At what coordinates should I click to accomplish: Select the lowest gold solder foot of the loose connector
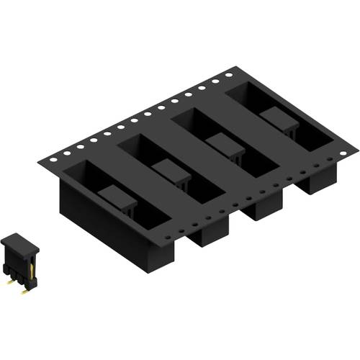point(27,290)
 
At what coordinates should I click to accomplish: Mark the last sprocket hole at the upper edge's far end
point(229,73)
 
